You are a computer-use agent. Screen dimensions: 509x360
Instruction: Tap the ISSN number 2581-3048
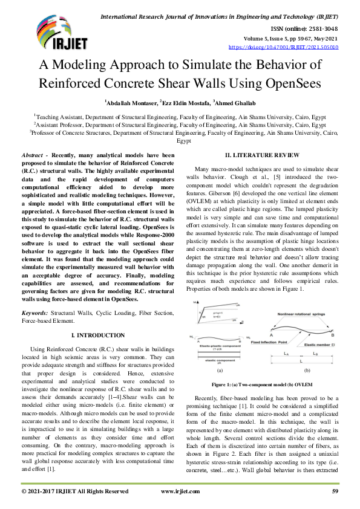tap(324, 28)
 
